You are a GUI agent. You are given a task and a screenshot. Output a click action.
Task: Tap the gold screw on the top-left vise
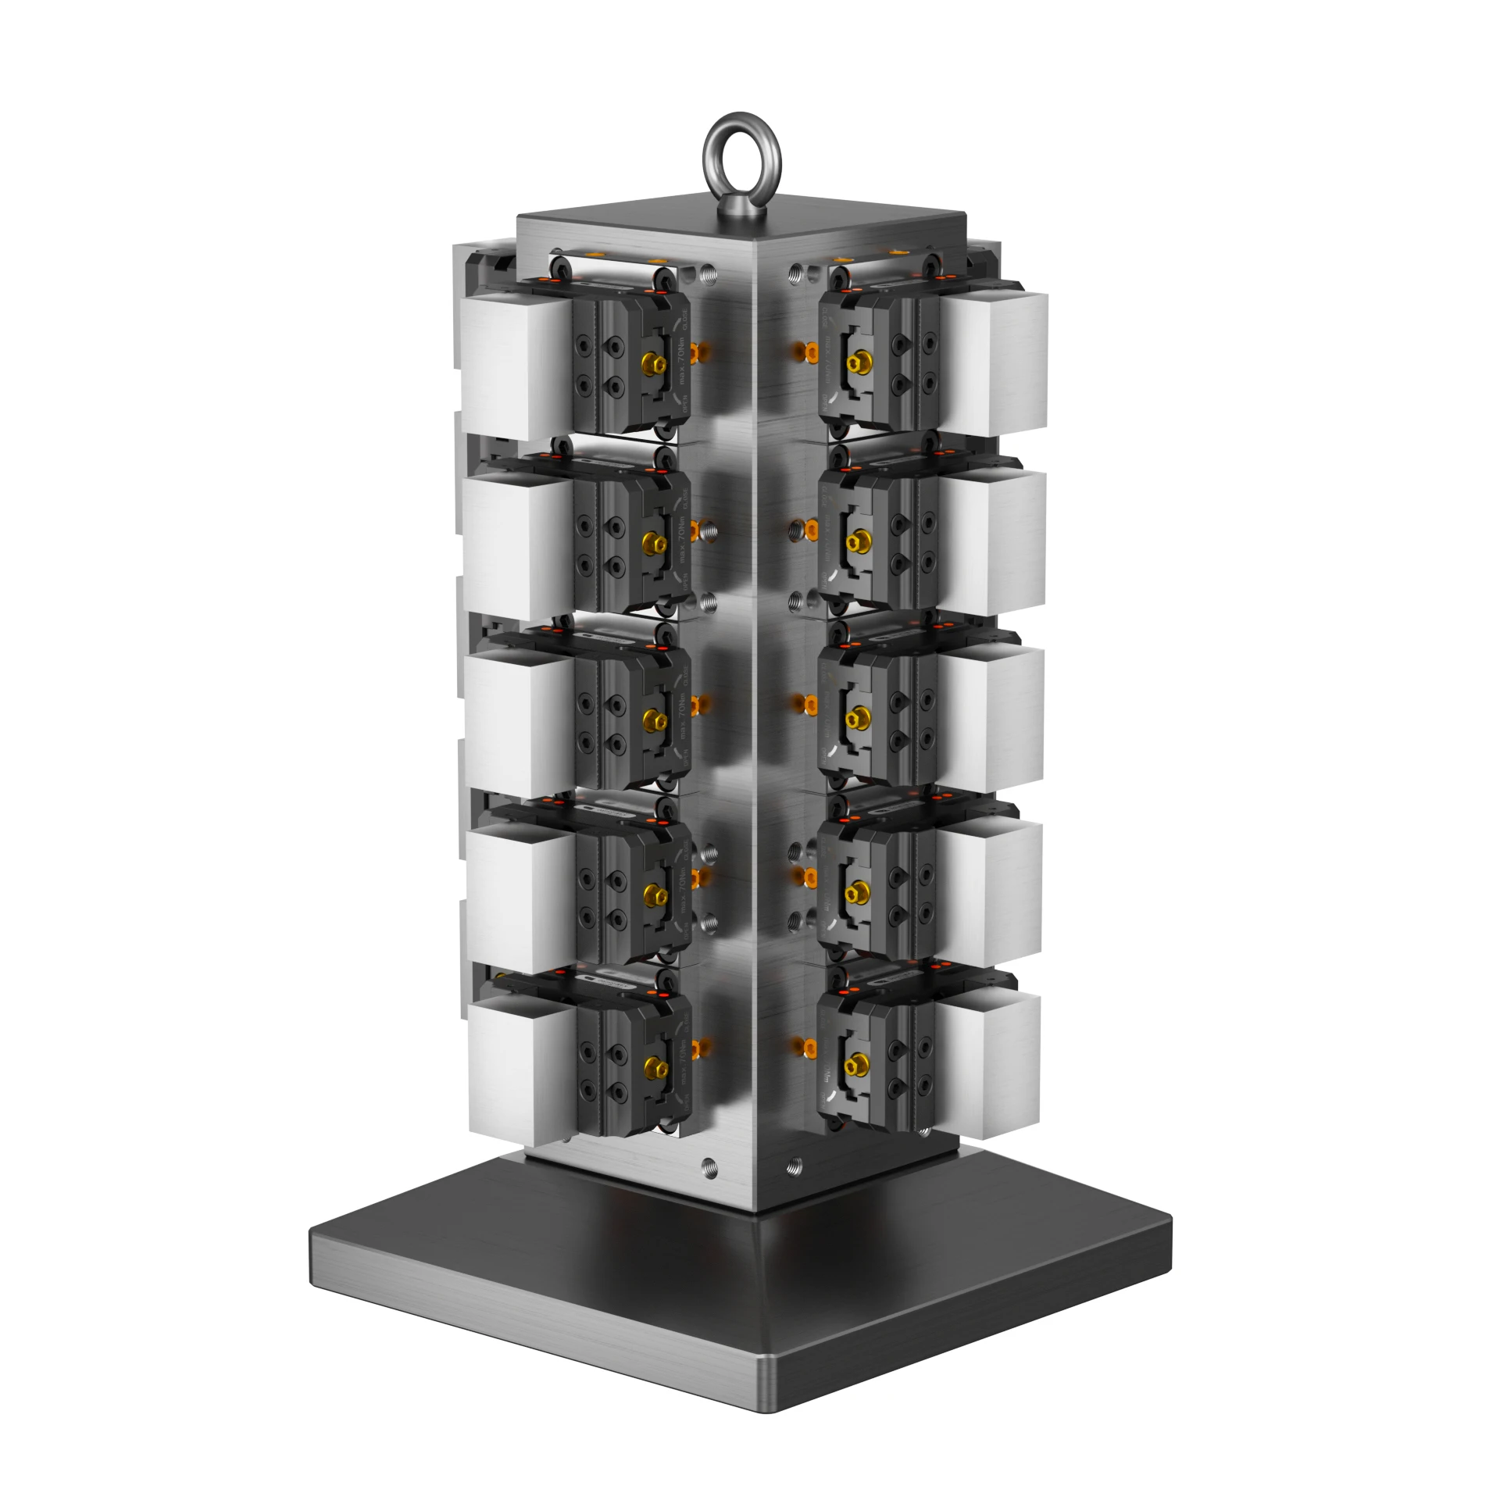(x=649, y=363)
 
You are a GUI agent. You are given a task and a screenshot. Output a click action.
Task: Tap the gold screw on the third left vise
(x=649, y=717)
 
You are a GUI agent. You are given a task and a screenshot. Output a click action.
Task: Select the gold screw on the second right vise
(x=859, y=540)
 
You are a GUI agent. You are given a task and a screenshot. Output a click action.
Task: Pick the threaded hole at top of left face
(x=709, y=273)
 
